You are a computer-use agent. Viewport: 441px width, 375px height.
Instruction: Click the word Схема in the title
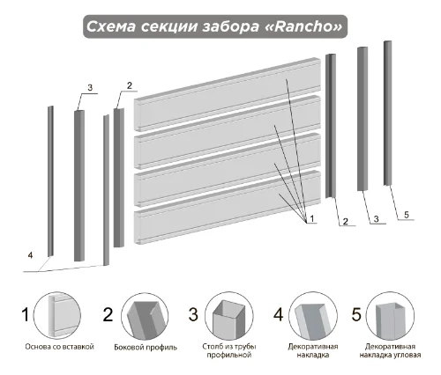(x=111, y=26)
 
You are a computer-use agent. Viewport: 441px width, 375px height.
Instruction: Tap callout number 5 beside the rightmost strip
(x=407, y=215)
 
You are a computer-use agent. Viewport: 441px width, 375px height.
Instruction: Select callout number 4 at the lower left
(x=30, y=255)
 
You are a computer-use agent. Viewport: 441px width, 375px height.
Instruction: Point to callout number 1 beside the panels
(x=312, y=218)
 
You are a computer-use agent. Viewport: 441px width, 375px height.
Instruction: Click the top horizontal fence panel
(x=227, y=94)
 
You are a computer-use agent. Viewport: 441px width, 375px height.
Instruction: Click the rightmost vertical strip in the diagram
(x=387, y=114)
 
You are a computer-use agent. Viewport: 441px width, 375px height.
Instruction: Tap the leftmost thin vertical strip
(x=50, y=181)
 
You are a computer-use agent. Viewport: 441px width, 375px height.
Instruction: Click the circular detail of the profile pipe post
(x=228, y=316)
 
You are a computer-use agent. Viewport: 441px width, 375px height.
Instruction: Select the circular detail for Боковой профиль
(x=145, y=316)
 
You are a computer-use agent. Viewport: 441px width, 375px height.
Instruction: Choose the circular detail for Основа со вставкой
(x=57, y=315)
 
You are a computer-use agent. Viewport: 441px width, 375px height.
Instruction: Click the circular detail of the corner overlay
(x=391, y=316)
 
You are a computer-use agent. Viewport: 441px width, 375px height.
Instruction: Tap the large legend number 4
(x=278, y=314)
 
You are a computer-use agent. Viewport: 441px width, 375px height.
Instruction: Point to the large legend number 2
(x=108, y=314)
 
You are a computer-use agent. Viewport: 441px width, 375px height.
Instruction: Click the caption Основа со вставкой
(x=59, y=347)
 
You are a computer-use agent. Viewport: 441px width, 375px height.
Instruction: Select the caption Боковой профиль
(x=146, y=348)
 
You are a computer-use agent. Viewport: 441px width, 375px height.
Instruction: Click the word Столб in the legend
(x=211, y=347)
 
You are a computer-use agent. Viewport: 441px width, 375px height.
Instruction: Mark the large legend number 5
(x=356, y=314)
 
